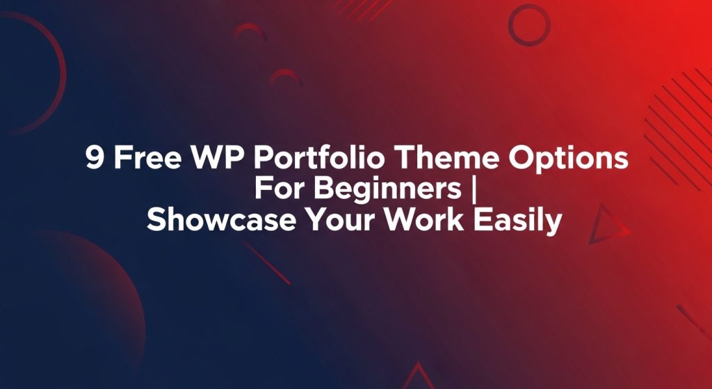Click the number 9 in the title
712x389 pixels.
tap(95, 158)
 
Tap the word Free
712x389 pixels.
tap(147, 158)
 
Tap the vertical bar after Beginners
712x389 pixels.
tap(474, 191)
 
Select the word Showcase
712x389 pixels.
tap(221, 221)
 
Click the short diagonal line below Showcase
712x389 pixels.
tap(266, 262)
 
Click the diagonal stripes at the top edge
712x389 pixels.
tap(363, 9)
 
